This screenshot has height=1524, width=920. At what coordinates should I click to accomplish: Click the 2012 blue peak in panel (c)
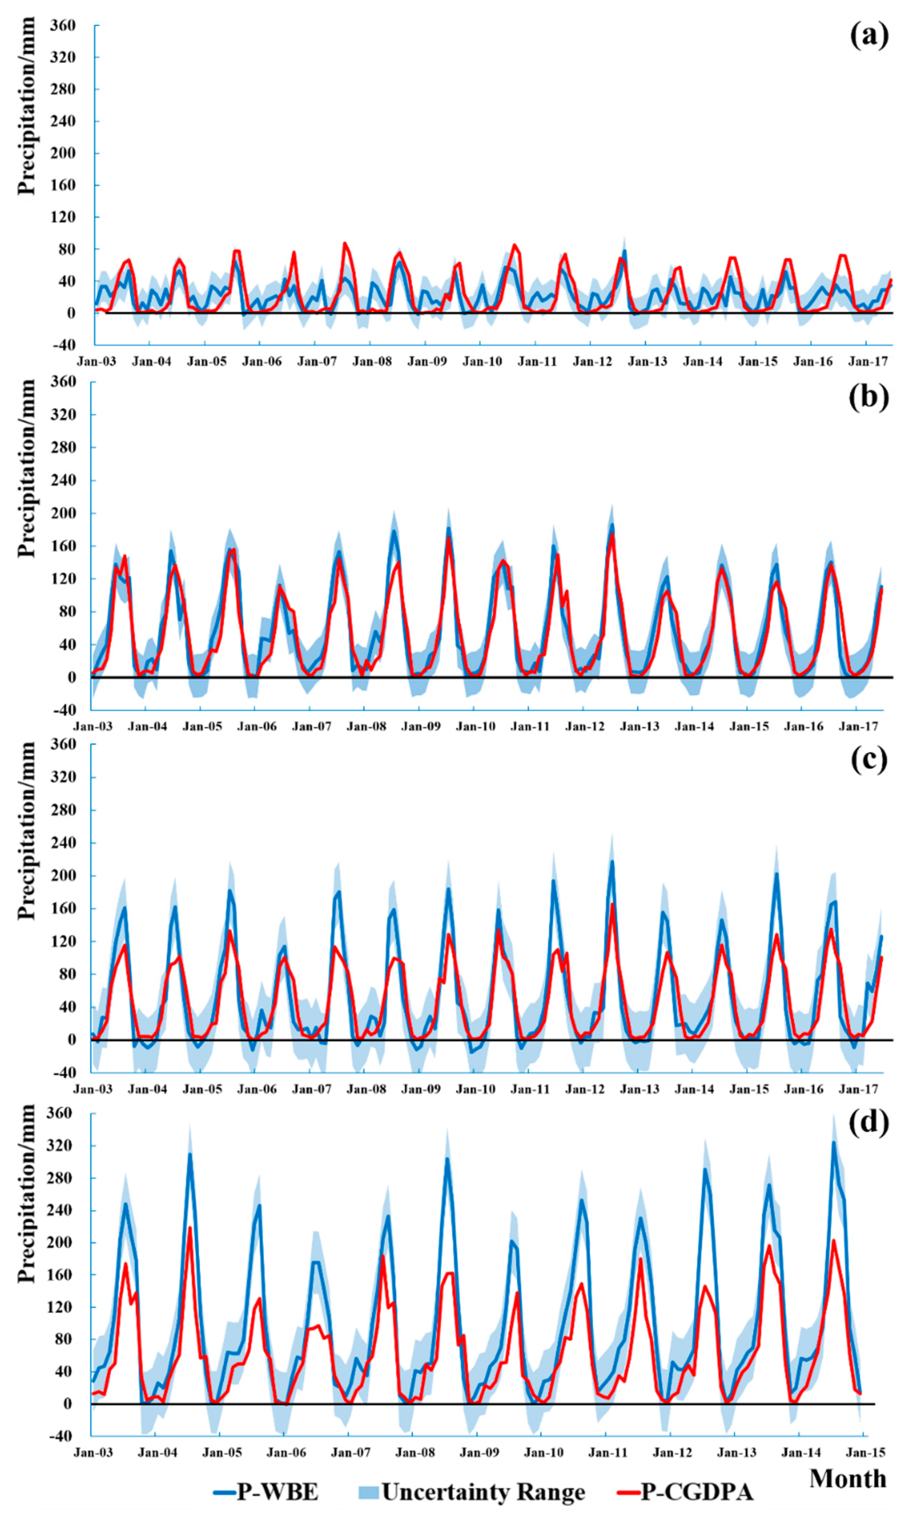612,862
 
